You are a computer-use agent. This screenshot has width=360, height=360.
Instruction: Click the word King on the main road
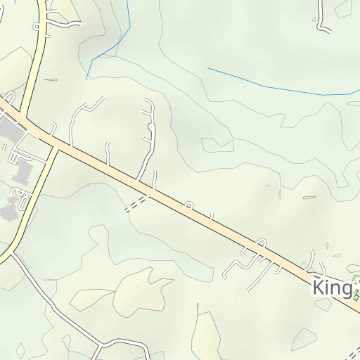point(331,287)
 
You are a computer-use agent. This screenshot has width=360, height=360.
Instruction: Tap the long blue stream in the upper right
point(281,87)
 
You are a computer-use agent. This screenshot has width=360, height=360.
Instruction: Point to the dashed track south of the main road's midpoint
point(136,204)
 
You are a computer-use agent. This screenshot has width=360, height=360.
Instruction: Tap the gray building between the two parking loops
point(21,172)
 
